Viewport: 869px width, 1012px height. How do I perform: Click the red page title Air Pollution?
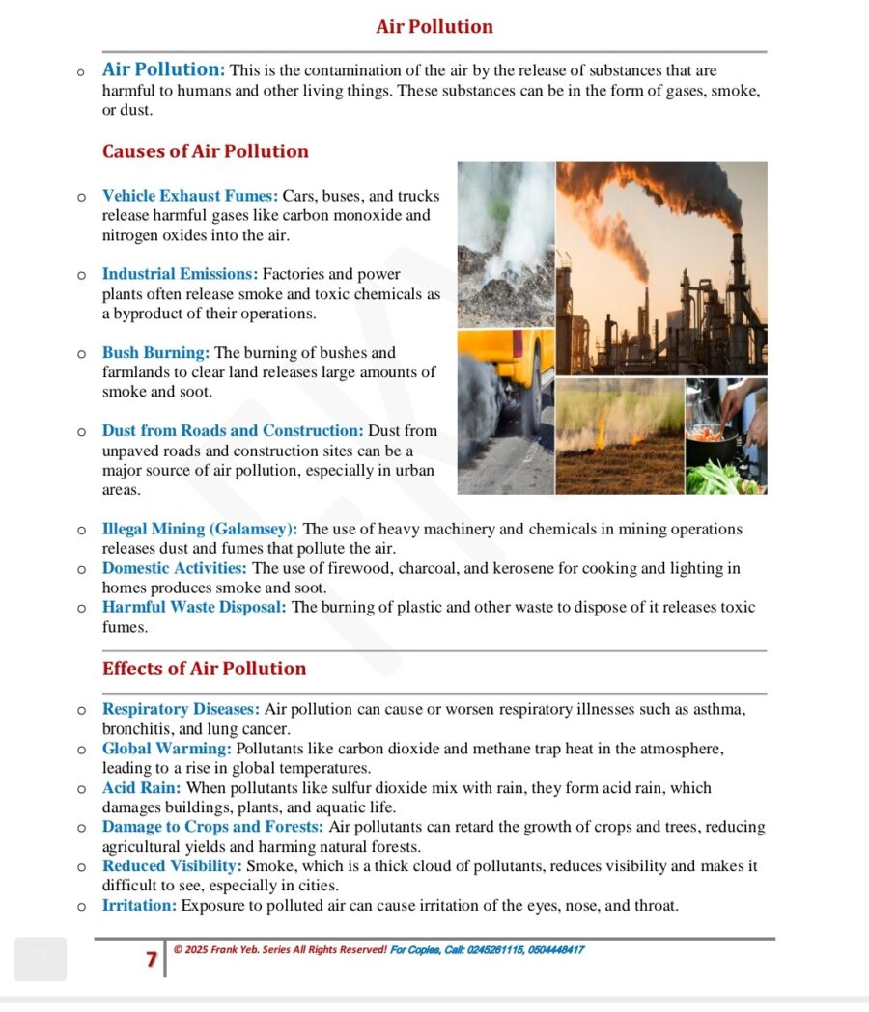pyautogui.click(x=434, y=27)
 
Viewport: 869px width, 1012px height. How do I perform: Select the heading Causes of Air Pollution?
pyautogui.click(x=205, y=151)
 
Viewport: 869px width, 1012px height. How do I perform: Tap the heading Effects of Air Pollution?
pyautogui.click(x=204, y=669)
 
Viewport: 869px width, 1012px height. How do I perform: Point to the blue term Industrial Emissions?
pyautogui.click(x=180, y=274)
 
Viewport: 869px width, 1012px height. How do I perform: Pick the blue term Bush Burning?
pyautogui.click(x=155, y=353)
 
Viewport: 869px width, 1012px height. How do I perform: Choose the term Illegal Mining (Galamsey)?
pyautogui.click(x=200, y=529)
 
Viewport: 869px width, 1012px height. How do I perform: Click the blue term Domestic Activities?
pyautogui.click(x=174, y=568)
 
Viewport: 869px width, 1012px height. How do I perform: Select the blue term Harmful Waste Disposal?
pyautogui.click(x=194, y=607)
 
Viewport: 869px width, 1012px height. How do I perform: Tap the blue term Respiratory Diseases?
pyautogui.click(x=181, y=709)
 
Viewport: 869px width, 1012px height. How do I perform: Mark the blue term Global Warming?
pyautogui.click(x=166, y=749)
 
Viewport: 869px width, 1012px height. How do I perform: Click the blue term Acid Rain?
pyautogui.click(x=141, y=787)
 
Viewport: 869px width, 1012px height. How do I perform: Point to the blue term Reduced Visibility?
pyautogui.click(x=172, y=866)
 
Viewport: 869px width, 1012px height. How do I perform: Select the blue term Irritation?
pyautogui.click(x=139, y=905)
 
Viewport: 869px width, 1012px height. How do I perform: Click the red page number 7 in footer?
pyautogui.click(x=152, y=959)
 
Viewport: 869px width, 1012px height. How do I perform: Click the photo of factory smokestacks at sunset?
pyautogui.click(x=661, y=267)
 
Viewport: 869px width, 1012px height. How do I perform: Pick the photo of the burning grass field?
pyautogui.click(x=619, y=435)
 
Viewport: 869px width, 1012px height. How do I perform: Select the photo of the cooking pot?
pyautogui.click(x=725, y=435)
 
